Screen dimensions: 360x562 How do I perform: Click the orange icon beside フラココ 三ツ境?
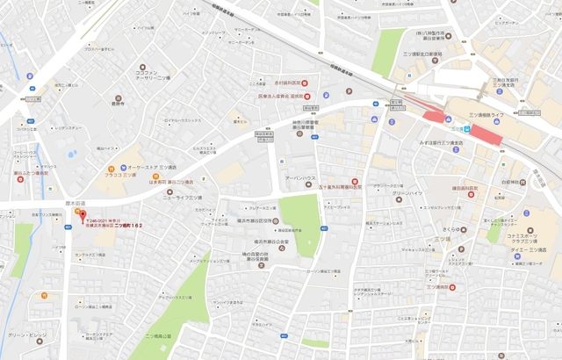tap(111, 169)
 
